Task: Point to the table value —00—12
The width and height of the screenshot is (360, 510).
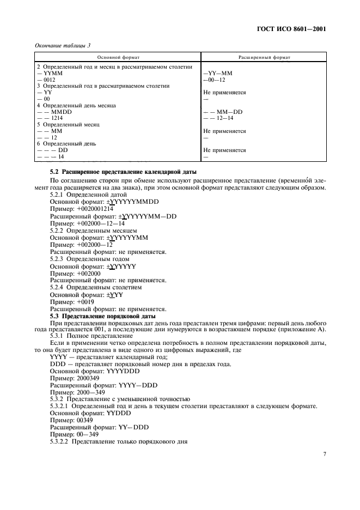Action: (214, 80)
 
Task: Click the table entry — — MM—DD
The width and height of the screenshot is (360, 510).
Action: (218, 112)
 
